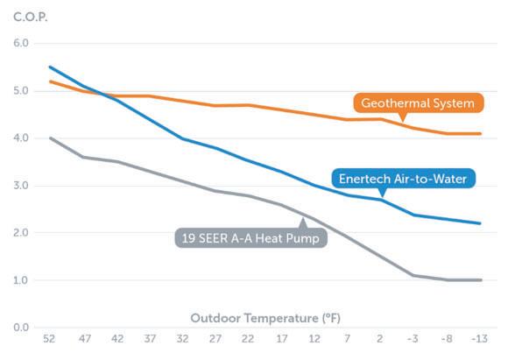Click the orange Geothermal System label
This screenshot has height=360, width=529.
point(418,103)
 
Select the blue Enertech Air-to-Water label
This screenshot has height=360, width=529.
point(405,179)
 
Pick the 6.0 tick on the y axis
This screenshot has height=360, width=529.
point(19,43)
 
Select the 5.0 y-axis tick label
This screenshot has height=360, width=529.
point(19,90)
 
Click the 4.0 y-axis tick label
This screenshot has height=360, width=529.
point(19,138)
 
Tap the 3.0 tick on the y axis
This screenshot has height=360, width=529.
point(19,186)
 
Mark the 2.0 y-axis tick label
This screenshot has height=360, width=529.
point(19,233)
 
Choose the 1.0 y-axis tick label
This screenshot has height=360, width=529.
point(19,280)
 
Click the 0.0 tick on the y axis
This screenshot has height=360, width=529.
point(19,328)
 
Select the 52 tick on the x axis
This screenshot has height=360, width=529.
point(51,338)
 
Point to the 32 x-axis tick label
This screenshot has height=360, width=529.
point(182,338)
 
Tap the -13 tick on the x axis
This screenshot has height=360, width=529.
point(479,338)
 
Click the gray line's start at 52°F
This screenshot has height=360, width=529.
point(50,138)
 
